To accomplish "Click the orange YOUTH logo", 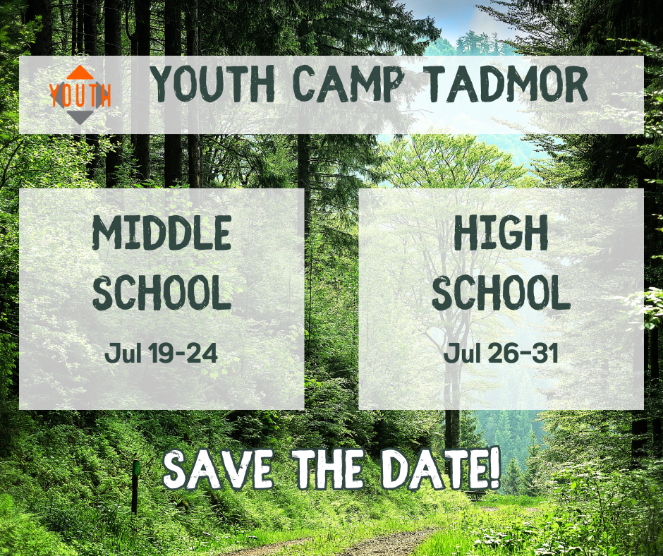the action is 80,95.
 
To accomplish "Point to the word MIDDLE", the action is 162,232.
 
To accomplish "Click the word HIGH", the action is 501,232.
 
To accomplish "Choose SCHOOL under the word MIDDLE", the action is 162,292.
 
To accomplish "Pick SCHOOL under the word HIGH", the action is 501,292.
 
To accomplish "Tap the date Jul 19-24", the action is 161,353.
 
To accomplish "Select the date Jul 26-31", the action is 501,353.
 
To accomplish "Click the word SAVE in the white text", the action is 218,469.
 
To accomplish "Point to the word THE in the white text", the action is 329,469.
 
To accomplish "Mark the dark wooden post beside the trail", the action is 135,487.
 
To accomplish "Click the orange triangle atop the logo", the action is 80,73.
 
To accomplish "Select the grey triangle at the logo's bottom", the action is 80,117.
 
